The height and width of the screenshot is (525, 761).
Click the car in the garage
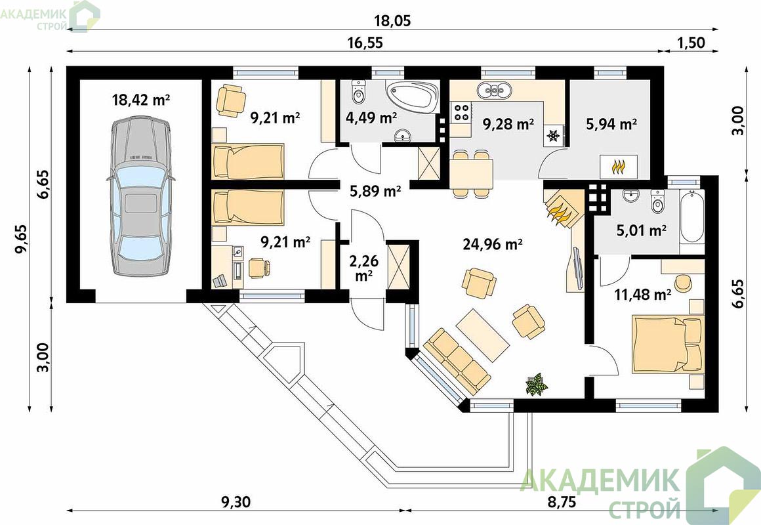(x=140, y=196)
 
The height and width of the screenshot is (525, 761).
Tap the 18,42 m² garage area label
(x=141, y=100)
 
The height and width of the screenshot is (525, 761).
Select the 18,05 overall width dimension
(x=392, y=21)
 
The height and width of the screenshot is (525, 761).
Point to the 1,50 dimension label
(x=691, y=43)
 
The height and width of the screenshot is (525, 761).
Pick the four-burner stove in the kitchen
(x=461, y=112)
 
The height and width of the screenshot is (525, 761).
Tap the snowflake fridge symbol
(x=553, y=135)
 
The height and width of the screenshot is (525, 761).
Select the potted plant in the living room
(x=536, y=384)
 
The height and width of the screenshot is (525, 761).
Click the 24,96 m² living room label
(x=492, y=244)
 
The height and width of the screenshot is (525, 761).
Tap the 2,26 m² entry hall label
(x=363, y=268)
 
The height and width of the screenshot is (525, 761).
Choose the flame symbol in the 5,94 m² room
(x=618, y=167)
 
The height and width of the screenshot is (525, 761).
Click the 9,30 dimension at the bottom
(x=236, y=501)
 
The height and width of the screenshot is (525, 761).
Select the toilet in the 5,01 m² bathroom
(x=657, y=201)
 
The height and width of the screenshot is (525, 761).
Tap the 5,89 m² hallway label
(x=375, y=192)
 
